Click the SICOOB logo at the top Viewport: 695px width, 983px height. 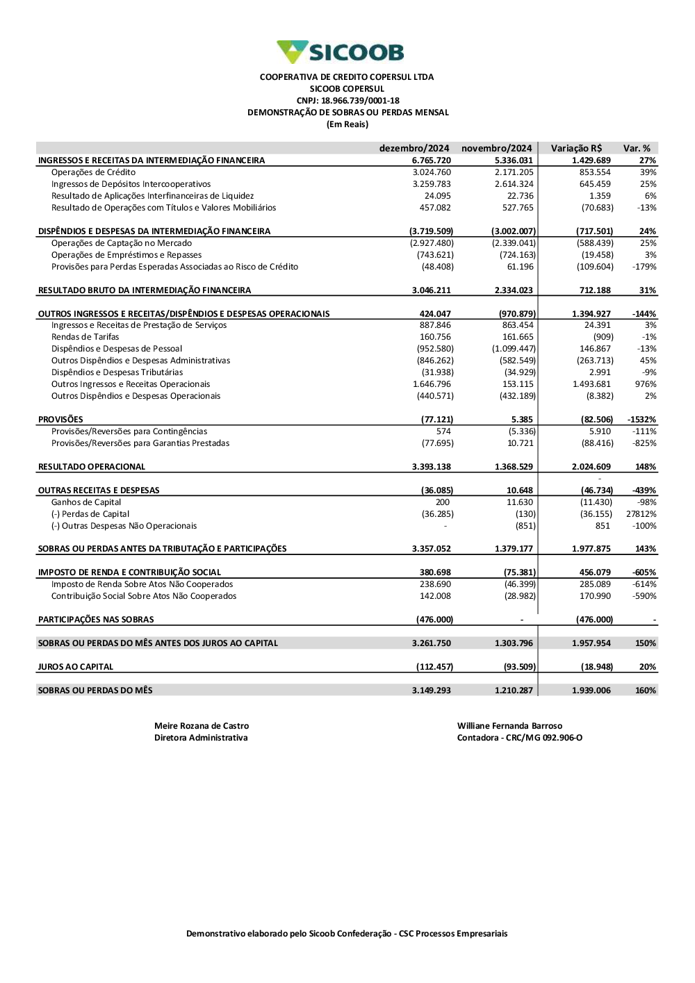point(340,52)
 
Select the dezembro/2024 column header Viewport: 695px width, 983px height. point(414,148)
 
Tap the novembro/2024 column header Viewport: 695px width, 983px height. point(496,148)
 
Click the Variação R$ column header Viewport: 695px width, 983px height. point(576,148)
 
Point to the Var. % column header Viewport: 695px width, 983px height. point(637,148)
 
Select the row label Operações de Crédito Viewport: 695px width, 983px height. point(93,172)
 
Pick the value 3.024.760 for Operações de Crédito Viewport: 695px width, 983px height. point(432,172)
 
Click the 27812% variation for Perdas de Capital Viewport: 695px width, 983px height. point(641,514)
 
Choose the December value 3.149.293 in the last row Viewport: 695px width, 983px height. point(431,691)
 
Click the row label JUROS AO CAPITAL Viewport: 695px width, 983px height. point(75,667)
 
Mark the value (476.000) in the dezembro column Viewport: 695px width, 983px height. point(434,620)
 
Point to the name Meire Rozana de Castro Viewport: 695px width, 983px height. point(202,726)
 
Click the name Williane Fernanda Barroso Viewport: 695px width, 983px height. point(509,726)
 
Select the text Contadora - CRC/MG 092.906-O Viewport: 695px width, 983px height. point(519,738)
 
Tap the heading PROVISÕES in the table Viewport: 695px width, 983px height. point(60,420)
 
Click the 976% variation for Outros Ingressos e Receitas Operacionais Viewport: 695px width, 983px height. point(645,384)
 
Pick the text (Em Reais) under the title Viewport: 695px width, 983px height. point(347,124)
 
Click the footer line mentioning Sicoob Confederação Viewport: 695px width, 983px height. point(347,934)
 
